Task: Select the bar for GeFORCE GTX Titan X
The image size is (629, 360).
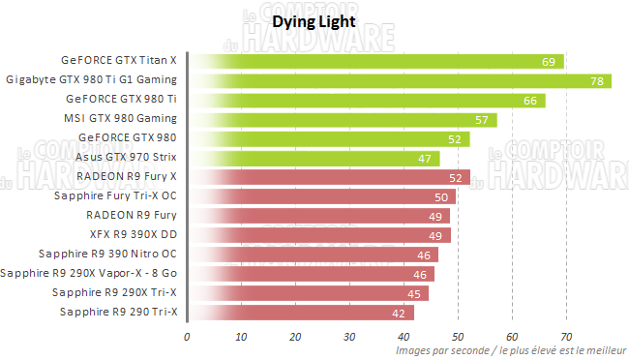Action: pyautogui.click(x=376, y=61)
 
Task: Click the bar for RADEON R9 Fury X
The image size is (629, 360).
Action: pyautogui.click(x=329, y=177)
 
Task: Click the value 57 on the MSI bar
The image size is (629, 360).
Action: pyautogui.click(x=482, y=120)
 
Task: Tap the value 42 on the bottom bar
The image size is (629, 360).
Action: pyautogui.click(x=399, y=313)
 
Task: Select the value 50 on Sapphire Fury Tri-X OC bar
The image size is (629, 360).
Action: pyautogui.click(x=440, y=197)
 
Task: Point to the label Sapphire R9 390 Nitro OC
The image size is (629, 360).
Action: pyautogui.click(x=107, y=254)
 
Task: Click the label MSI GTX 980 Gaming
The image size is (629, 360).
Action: pyautogui.click(x=120, y=118)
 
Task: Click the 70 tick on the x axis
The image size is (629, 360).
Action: pyautogui.click(x=567, y=337)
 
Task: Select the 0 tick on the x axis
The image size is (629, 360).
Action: pyautogui.click(x=188, y=337)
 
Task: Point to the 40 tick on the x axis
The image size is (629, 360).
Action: pyautogui.click(x=404, y=337)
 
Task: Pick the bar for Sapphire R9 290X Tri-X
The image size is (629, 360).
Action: pyautogui.click(x=309, y=292)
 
